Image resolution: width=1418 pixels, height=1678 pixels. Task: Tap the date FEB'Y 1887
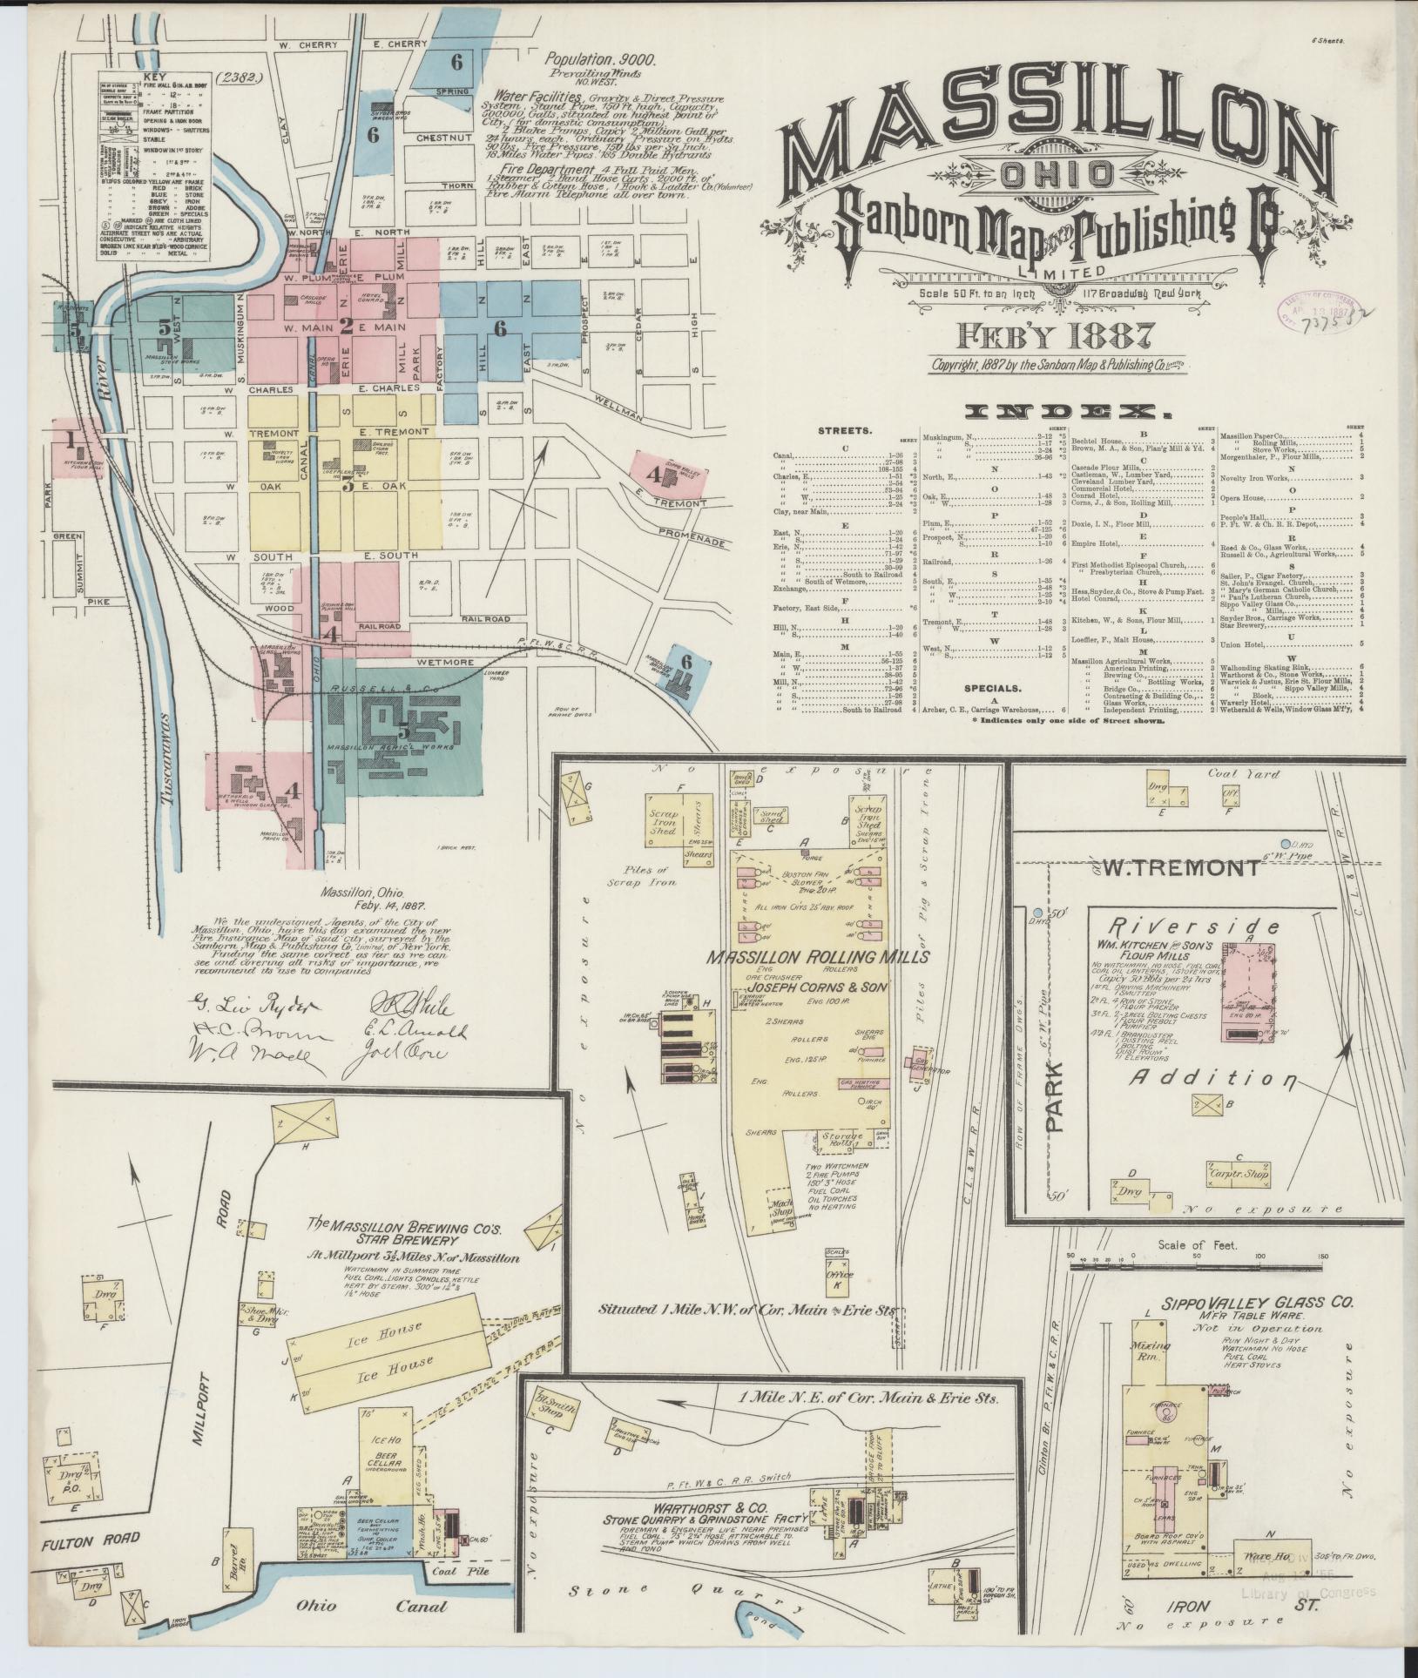1057,334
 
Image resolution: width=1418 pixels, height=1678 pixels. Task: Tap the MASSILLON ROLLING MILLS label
817,957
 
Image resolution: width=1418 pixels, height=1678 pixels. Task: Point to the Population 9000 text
600,60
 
